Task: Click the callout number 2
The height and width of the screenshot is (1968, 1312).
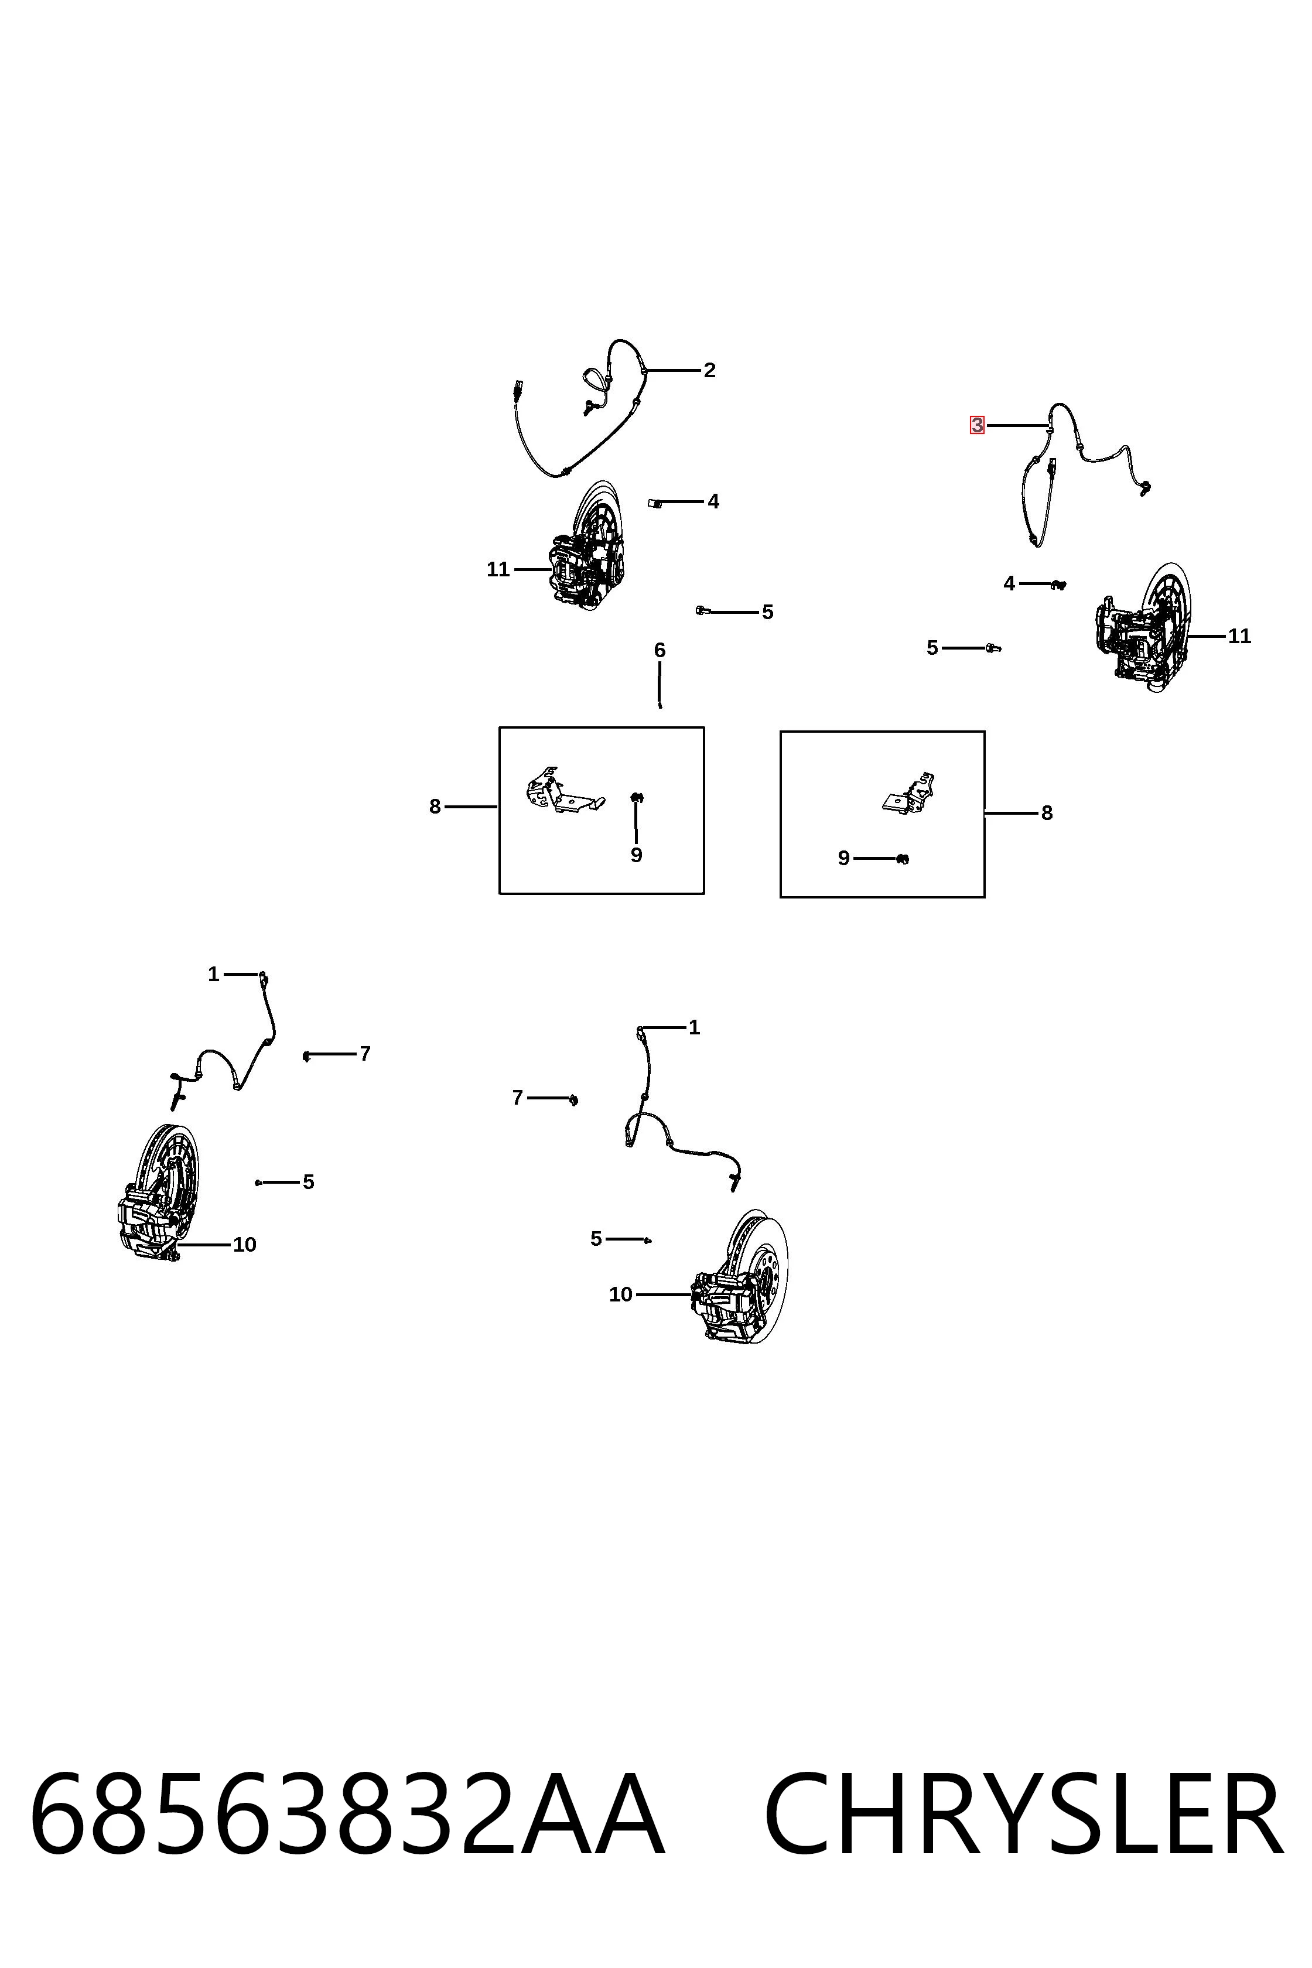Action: pyautogui.click(x=709, y=370)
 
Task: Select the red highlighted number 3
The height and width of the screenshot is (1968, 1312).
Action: pyautogui.click(x=976, y=426)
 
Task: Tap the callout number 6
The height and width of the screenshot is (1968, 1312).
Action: pyautogui.click(x=660, y=650)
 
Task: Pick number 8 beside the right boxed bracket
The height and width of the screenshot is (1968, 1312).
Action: pyautogui.click(x=1047, y=812)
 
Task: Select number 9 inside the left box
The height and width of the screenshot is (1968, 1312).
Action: pyautogui.click(x=636, y=855)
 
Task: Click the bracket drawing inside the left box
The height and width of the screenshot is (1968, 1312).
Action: pyautogui.click(x=563, y=791)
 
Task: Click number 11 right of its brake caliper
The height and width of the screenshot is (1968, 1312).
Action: pyautogui.click(x=1239, y=636)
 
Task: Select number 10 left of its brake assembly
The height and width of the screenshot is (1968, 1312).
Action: pyautogui.click(x=620, y=1294)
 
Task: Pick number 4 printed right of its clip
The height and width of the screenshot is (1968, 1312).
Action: pyautogui.click(x=713, y=501)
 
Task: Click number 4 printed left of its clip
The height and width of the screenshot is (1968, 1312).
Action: pyautogui.click(x=1009, y=583)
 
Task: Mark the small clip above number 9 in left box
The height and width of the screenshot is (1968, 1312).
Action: pyautogui.click(x=636, y=797)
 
